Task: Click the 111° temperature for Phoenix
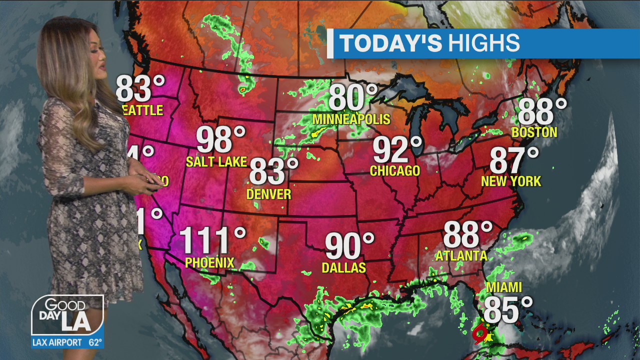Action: pos(212,240)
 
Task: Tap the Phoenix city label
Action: pos(209,262)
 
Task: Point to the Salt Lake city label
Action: pos(216,161)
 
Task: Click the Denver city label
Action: pos(269,194)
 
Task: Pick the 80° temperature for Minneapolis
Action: pos(352,98)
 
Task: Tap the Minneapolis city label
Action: pos(351,119)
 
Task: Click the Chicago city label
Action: pos(395,171)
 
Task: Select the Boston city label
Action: pos(534,132)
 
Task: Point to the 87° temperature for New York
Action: pos(514,160)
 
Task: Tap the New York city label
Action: pos(511,181)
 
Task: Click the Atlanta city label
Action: pos(461,256)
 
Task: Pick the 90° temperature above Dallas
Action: pos(349,246)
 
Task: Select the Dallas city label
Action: pos(344,268)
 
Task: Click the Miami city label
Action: pos(504,287)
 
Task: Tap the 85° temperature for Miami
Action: pos(507,310)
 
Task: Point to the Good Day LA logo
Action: pos(67,315)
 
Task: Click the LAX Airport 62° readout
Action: pos(67,342)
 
